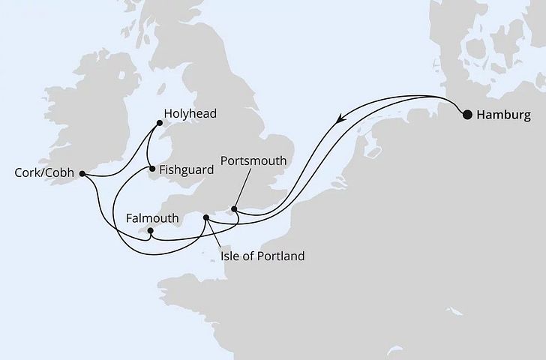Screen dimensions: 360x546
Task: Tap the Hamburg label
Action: (x=503, y=115)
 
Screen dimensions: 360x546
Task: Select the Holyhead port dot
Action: (x=158, y=123)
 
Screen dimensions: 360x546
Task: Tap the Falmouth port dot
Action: (x=150, y=231)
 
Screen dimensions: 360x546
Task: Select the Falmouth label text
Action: (x=153, y=217)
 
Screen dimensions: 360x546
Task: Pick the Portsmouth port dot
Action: (x=235, y=208)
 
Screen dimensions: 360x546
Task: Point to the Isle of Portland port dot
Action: (x=207, y=217)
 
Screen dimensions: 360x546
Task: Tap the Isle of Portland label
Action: (x=262, y=256)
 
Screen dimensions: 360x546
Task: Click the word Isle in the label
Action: (x=232, y=256)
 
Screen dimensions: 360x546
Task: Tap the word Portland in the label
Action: (x=281, y=256)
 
